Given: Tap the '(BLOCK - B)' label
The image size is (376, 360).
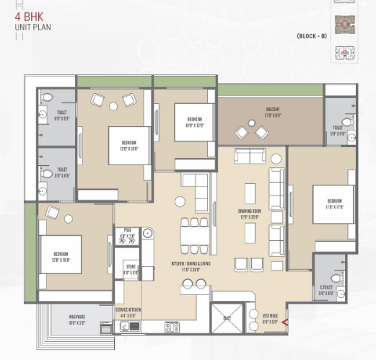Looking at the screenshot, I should click(x=311, y=36).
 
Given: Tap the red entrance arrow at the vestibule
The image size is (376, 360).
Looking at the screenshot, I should click(x=285, y=322).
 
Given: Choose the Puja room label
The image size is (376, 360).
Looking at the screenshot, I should click(x=127, y=232).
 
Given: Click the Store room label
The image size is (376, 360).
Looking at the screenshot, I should click(x=130, y=271).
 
